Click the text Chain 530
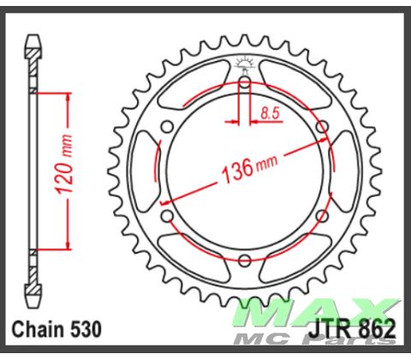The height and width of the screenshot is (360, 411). click(57, 328)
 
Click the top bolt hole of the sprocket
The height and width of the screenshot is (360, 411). click(245, 82)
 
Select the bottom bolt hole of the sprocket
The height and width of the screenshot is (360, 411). click(245, 260)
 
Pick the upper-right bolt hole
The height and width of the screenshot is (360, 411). click(322, 127)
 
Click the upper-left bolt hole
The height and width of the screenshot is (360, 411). click(168, 127)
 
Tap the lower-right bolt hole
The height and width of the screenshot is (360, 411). click(322, 216)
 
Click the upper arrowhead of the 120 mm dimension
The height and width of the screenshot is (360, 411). click(63, 94)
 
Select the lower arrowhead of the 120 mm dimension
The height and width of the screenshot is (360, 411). click(63, 246)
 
